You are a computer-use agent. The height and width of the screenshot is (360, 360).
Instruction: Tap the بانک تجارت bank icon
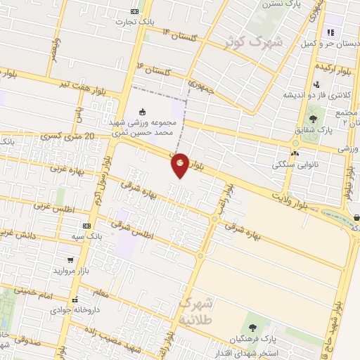point(135,11)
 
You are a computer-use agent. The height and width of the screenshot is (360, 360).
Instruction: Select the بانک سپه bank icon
point(86,226)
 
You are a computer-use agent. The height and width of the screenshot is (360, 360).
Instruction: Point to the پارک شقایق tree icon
point(312,117)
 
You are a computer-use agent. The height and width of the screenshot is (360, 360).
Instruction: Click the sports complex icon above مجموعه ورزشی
point(143,111)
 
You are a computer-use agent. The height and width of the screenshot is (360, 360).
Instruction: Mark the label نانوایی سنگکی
point(294,163)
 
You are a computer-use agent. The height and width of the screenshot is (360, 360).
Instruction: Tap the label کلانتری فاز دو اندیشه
point(312,95)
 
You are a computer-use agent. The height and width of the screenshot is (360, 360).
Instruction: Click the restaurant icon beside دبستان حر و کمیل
point(330,32)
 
